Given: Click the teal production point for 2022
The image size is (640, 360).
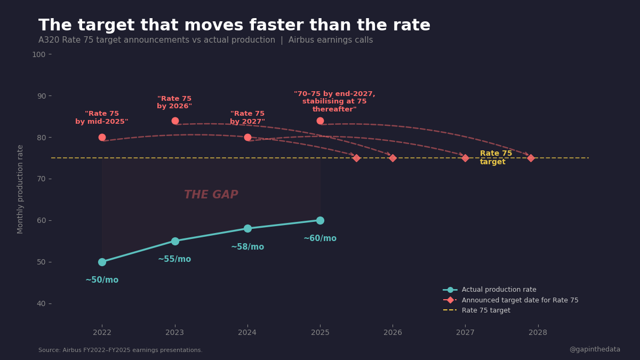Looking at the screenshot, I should (x=102, y=262).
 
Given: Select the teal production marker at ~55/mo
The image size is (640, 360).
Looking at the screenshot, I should (x=175, y=241).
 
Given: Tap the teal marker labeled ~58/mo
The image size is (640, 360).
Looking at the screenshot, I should (x=247, y=228).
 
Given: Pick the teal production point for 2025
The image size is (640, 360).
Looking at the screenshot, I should (x=320, y=220).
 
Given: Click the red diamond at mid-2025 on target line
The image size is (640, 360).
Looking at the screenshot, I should (x=356, y=158).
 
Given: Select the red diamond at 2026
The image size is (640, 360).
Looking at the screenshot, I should (x=393, y=158).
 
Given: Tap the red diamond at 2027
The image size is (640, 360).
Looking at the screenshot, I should (x=465, y=158).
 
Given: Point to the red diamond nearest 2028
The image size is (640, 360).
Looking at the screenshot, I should (x=531, y=158).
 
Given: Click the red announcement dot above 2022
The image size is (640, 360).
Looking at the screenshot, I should (x=102, y=137).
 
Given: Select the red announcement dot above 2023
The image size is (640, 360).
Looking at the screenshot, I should (x=175, y=121).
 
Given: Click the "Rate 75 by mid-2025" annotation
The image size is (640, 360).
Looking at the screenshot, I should (x=102, y=118).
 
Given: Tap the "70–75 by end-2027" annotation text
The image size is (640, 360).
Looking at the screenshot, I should (x=334, y=101).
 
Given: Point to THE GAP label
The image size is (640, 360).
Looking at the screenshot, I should (x=211, y=195).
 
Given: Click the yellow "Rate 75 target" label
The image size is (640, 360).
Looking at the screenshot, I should (x=495, y=157).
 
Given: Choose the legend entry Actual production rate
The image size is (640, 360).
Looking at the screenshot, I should (x=499, y=290).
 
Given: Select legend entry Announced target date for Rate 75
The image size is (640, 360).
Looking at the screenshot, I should (x=519, y=300).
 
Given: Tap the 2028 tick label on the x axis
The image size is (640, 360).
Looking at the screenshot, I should (x=538, y=333).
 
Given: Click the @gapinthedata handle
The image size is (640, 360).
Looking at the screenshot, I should (x=595, y=349).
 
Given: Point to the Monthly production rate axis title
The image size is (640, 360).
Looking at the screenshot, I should (x=21, y=189).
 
